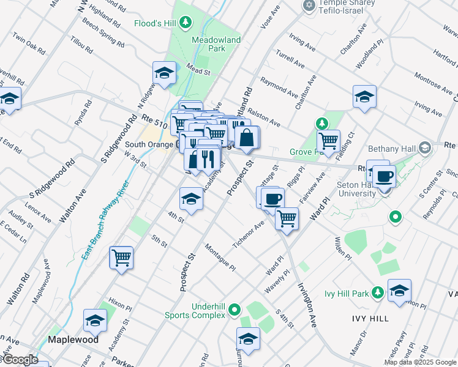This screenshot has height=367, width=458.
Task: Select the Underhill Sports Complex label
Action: [x=197, y=310]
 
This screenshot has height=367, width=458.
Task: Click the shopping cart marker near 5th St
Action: [x=121, y=257]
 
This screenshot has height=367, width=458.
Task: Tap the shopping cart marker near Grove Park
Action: [x=329, y=140]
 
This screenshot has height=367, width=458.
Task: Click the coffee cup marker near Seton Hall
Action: [x=384, y=176]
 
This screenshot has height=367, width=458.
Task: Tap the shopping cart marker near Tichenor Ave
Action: [x=287, y=218]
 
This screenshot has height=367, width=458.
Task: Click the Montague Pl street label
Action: [x=220, y=257]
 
